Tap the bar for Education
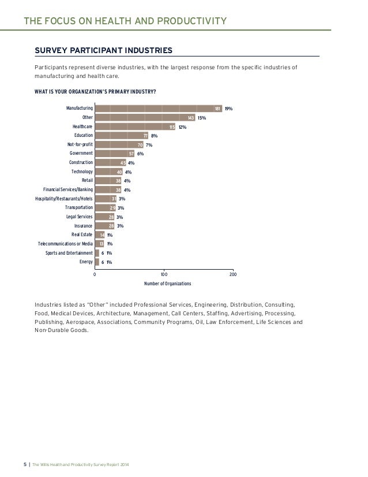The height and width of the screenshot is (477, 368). pyautogui.click(x=121, y=136)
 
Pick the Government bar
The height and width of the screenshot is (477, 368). pyautogui.click(x=114, y=154)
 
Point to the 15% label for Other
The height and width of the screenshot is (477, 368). pyautogui.click(x=201, y=118)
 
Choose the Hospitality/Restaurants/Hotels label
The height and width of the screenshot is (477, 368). pyautogui.click(x=63, y=199)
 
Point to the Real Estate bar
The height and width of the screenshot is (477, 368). pyautogui.click(x=100, y=235)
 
